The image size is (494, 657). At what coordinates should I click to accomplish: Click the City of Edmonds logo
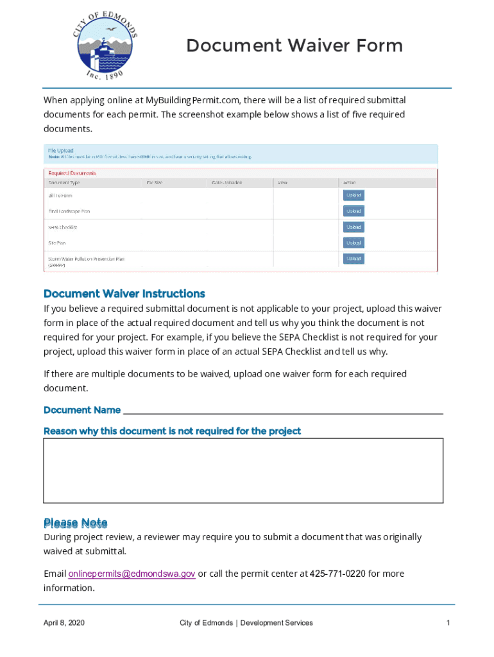(104, 46)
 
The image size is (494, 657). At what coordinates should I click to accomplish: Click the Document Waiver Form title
(294, 46)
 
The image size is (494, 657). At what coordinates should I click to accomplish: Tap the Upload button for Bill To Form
(353, 195)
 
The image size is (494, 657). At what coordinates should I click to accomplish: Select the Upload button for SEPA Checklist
(353, 227)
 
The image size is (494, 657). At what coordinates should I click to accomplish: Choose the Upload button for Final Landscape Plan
(353, 211)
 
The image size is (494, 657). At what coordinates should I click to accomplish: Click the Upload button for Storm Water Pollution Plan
(353, 259)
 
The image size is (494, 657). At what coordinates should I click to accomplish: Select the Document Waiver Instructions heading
(124, 294)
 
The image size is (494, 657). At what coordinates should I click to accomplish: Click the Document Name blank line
(282, 410)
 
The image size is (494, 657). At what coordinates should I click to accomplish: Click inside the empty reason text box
(243, 470)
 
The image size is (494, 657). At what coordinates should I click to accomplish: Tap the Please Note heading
(75, 523)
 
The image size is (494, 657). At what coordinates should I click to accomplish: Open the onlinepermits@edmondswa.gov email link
(132, 574)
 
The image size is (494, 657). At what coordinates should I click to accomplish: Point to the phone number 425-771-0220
(337, 574)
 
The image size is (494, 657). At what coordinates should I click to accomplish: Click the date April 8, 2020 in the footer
(64, 623)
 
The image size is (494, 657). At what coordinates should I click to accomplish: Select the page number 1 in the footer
(448, 623)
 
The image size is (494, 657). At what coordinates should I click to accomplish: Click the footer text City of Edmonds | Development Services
(246, 623)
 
